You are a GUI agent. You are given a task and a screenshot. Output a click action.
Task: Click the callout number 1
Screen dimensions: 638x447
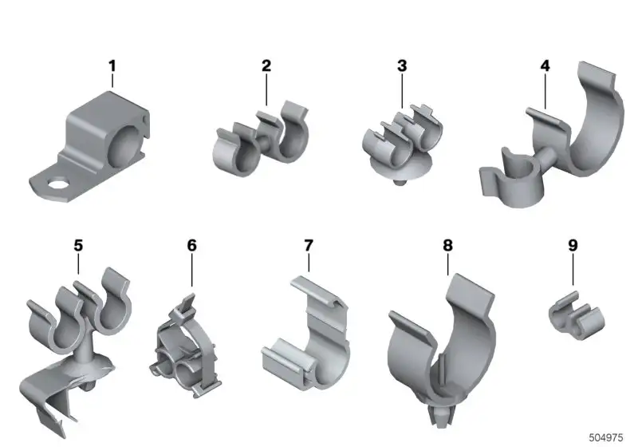(112, 66)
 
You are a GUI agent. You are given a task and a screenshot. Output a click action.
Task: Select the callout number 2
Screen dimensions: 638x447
(266, 66)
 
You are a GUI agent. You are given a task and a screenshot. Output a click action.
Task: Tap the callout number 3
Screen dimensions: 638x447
(402, 66)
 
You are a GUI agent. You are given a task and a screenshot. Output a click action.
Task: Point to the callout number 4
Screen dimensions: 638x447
(545, 66)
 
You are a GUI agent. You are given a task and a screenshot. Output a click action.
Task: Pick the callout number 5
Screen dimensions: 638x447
(78, 246)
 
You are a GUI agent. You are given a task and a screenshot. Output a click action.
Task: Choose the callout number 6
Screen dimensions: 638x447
(191, 246)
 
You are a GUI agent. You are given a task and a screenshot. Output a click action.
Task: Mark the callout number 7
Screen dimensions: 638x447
(309, 246)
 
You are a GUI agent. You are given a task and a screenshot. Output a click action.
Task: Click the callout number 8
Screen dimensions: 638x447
(447, 246)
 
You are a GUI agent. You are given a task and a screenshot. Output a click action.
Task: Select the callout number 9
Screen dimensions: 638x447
(573, 246)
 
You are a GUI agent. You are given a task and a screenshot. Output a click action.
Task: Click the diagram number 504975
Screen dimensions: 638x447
(606, 437)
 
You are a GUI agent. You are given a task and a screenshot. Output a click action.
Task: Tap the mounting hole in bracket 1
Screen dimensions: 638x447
(57, 184)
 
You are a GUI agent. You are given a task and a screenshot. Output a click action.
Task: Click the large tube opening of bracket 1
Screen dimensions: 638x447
(127, 144)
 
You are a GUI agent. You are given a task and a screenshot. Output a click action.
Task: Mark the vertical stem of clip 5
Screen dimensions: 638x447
(85, 347)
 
